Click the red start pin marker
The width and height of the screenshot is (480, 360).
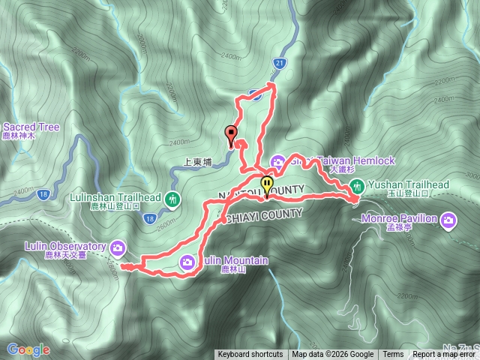(230, 134)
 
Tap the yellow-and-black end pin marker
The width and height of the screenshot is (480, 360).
(267, 184)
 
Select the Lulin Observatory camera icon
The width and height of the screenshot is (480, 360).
(118, 247)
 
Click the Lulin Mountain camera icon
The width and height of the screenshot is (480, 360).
(187, 262)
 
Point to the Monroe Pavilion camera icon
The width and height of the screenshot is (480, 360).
(448, 220)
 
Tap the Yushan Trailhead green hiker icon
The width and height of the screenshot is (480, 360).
(358, 185)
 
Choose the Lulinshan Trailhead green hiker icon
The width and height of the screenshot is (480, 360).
(174, 199)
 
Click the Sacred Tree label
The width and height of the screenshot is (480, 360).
(31, 127)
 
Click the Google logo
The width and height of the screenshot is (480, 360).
(28, 349)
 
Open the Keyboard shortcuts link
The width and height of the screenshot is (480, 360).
(250, 355)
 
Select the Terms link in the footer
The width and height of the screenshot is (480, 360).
(393, 355)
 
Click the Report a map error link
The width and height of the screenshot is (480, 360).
(444, 355)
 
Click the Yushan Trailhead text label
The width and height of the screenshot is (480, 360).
(409, 184)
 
